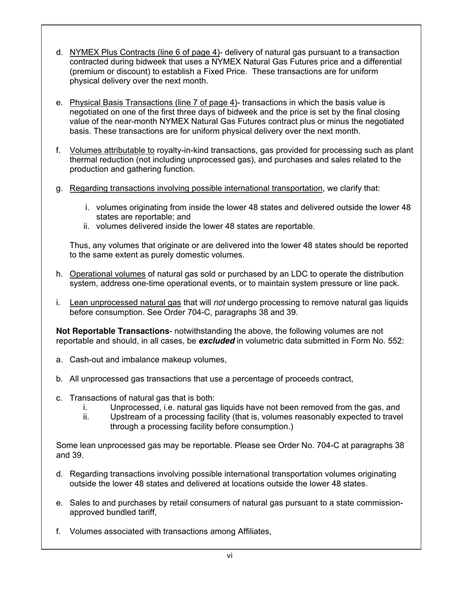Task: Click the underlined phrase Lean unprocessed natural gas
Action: [x=125, y=303]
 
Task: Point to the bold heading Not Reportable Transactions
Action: [x=113, y=331]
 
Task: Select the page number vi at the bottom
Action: [x=230, y=556]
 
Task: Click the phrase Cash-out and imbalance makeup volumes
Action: [x=148, y=360]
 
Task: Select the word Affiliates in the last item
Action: [x=254, y=531]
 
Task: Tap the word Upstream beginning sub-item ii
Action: [x=128, y=417]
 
